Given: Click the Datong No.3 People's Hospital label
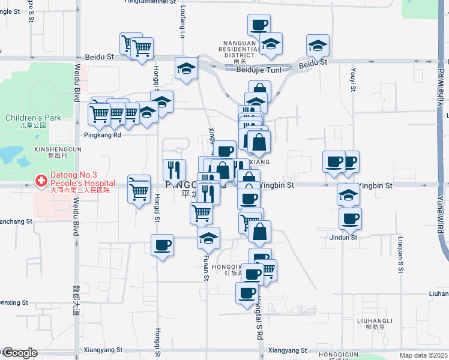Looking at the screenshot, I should point(82,179).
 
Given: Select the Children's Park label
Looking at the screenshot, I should point(34,118).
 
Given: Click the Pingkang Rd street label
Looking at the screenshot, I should point(103,135).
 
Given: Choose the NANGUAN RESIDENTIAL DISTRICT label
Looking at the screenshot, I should point(240,49).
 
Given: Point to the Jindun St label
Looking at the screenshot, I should point(343,238).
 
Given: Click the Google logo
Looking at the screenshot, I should point(19,353).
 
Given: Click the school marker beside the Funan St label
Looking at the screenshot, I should point(208,238).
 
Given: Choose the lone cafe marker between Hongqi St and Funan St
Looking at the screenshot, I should point(162,245).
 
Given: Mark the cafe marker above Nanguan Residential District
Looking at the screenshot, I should point(259,25).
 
